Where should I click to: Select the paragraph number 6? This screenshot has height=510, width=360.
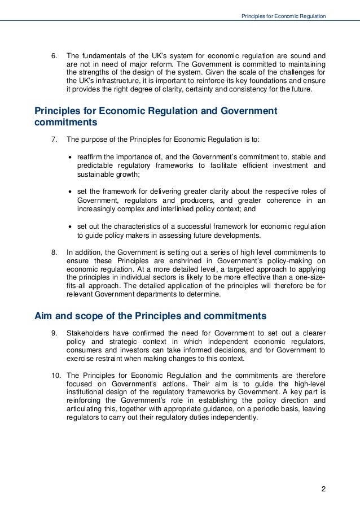[x=54, y=56]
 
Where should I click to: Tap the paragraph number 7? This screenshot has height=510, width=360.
[x=54, y=139]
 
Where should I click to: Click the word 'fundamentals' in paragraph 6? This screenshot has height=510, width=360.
[x=99, y=56]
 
